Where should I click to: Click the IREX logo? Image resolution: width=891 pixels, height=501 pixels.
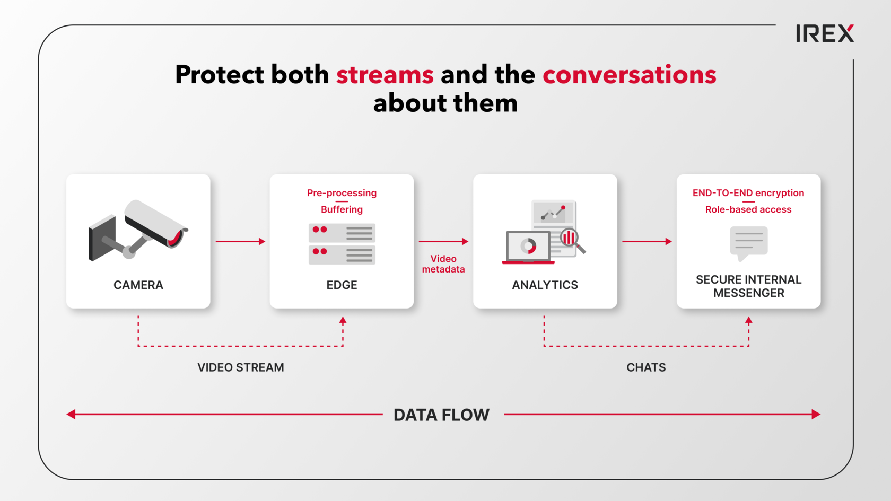(825, 33)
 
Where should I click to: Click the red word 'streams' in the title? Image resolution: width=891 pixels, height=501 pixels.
(385, 75)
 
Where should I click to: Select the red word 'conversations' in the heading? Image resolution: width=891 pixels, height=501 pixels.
(629, 75)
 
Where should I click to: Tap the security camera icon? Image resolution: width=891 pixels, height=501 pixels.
(138, 230)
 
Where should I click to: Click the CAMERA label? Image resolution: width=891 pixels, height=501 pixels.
(138, 285)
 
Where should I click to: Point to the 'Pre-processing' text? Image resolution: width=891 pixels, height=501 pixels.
(342, 193)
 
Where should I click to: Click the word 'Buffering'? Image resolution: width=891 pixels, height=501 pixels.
(342, 209)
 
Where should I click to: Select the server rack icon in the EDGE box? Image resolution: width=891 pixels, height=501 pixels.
(342, 244)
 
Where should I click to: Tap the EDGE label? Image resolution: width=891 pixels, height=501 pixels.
(342, 285)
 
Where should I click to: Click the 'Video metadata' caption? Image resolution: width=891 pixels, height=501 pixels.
(443, 264)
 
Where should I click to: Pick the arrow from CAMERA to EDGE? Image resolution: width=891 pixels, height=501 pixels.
(240, 241)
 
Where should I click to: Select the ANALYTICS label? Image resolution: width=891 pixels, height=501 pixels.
(545, 285)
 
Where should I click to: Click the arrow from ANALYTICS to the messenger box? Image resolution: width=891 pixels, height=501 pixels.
(647, 241)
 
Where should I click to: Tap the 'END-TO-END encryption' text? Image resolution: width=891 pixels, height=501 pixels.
(748, 193)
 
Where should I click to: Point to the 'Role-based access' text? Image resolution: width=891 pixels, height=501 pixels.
(748, 209)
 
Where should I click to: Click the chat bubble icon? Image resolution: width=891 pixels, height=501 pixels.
(749, 243)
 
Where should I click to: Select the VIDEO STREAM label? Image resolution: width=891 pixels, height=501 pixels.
(241, 367)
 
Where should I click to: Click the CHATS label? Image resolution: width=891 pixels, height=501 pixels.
(646, 367)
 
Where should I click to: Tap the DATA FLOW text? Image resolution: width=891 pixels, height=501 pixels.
(441, 415)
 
